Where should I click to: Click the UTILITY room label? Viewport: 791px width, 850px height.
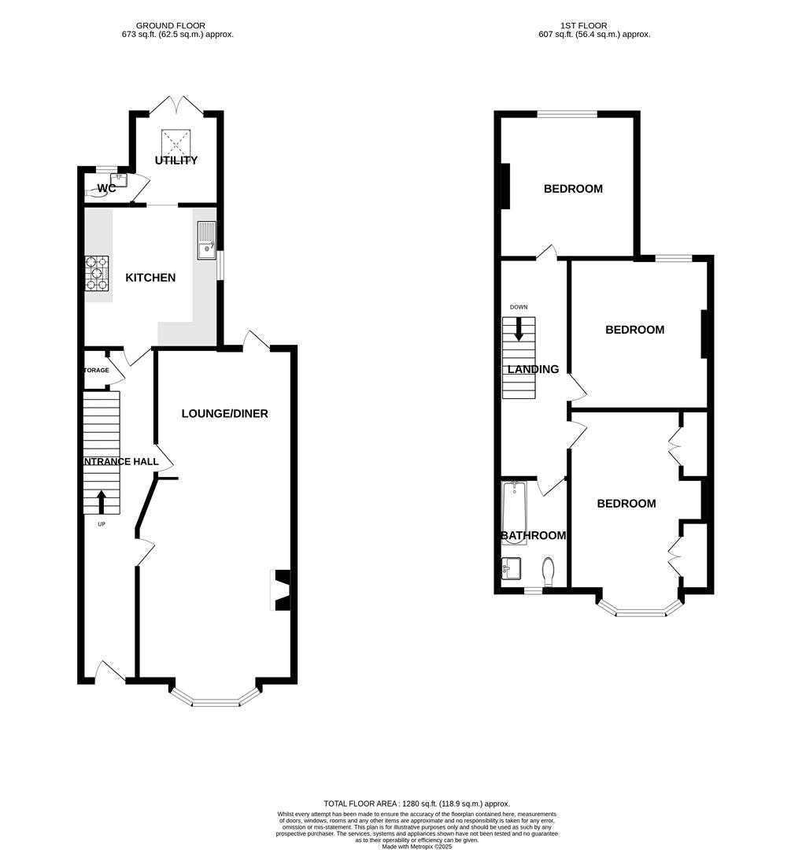[x=176, y=161]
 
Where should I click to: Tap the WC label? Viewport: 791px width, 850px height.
[x=107, y=188]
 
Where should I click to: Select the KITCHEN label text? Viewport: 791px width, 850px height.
[x=150, y=278]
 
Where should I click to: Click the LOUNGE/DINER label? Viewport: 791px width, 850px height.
[x=224, y=413]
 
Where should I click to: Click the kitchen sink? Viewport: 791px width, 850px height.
[x=206, y=241]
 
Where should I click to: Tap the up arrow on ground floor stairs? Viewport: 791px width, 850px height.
[x=101, y=501]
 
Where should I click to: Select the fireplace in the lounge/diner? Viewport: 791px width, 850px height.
[x=281, y=589]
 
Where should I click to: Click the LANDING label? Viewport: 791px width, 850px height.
[x=533, y=369]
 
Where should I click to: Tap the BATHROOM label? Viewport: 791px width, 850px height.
[x=534, y=536]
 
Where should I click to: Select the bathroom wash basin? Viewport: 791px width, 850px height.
[x=511, y=567]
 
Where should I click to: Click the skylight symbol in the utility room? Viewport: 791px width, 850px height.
[x=177, y=142]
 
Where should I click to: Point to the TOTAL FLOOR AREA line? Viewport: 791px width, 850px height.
[x=416, y=803]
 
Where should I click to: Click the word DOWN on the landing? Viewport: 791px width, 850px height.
[x=518, y=307]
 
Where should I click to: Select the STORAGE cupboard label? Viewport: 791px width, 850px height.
[x=97, y=370]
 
